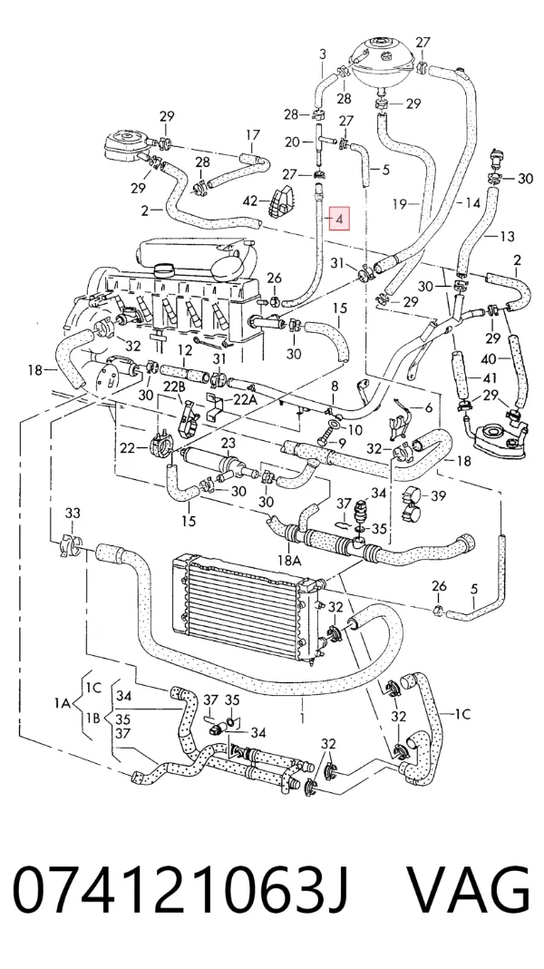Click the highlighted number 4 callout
[x=339, y=218]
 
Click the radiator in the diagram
[x=246, y=605]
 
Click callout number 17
[x=253, y=134]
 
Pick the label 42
[x=249, y=200]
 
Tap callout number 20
[x=293, y=142]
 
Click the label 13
[x=506, y=236]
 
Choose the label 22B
[x=175, y=387]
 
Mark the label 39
[x=438, y=496]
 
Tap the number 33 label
[x=73, y=513]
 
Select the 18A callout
[x=289, y=560]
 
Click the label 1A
[x=63, y=702]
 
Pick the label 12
[x=185, y=350]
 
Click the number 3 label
[x=323, y=54]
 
